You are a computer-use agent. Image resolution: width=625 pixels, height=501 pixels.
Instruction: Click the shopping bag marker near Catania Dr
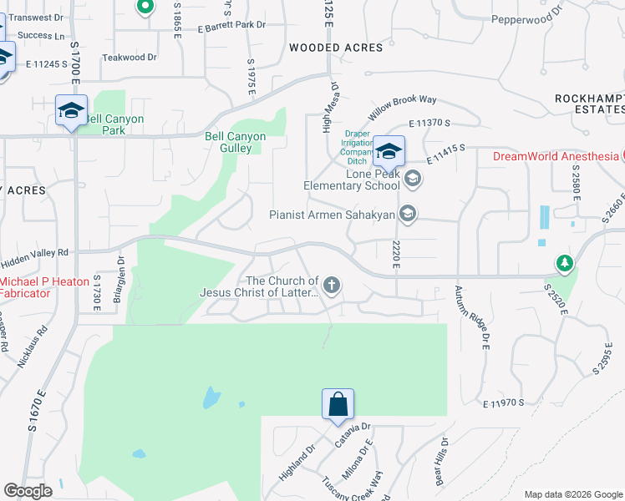click(x=338, y=405)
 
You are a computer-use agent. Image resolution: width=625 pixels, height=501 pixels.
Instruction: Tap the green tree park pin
click(x=565, y=264)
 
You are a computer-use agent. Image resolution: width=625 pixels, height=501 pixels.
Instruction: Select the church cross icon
click(x=332, y=286)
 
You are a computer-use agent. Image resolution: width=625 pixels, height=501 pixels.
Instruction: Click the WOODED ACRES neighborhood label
click(x=336, y=48)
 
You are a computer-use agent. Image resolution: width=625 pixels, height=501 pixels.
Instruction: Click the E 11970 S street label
click(x=503, y=403)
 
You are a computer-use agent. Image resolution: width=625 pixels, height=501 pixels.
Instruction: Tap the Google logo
click(x=28, y=491)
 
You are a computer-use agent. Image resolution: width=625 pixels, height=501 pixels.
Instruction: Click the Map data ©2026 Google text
click(x=572, y=494)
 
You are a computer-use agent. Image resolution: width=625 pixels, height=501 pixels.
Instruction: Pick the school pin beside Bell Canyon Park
click(x=71, y=111)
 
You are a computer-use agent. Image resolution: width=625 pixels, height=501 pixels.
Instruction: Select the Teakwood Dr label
click(x=130, y=58)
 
